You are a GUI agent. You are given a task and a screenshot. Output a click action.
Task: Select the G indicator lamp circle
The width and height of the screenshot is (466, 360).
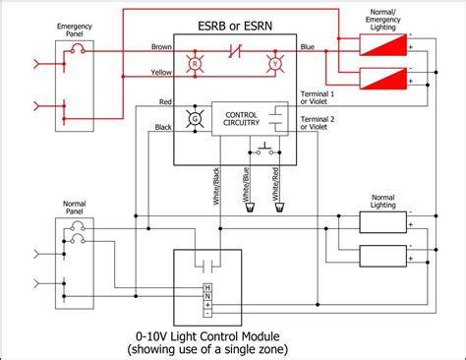coord(195,119)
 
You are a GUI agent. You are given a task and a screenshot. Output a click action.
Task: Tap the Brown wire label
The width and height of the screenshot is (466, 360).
coord(161,46)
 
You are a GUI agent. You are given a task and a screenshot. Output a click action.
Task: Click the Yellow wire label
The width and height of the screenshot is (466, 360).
coord(161,71)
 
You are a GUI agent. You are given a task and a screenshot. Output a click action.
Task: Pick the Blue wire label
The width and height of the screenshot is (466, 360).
coord(307,46)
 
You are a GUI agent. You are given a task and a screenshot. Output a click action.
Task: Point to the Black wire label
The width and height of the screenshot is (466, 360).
coord(162,127)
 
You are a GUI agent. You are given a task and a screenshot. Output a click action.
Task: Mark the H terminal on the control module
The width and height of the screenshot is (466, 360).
coord(206,287)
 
